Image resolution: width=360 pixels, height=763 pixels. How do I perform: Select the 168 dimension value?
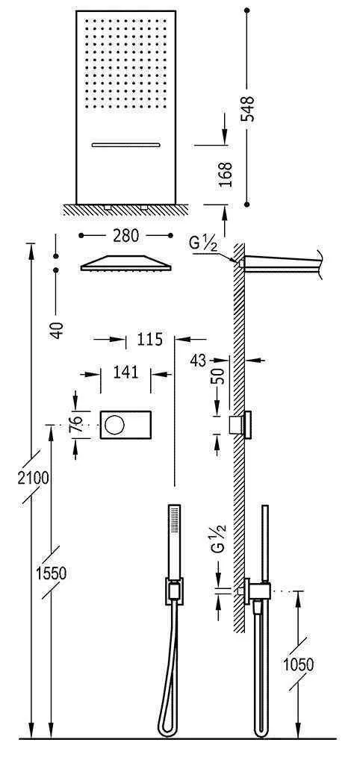(x=227, y=174)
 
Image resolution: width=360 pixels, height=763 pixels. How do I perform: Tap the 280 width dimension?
(x=126, y=236)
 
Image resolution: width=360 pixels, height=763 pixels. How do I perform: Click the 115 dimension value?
(x=149, y=340)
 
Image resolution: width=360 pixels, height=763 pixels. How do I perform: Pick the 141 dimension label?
(x=125, y=371)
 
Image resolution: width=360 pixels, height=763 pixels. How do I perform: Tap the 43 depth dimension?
(x=199, y=360)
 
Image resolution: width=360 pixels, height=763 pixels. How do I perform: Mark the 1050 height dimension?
(x=298, y=664)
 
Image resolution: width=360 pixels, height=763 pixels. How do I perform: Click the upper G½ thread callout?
(x=200, y=243)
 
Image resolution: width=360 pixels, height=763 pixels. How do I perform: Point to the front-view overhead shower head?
(x=125, y=264)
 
